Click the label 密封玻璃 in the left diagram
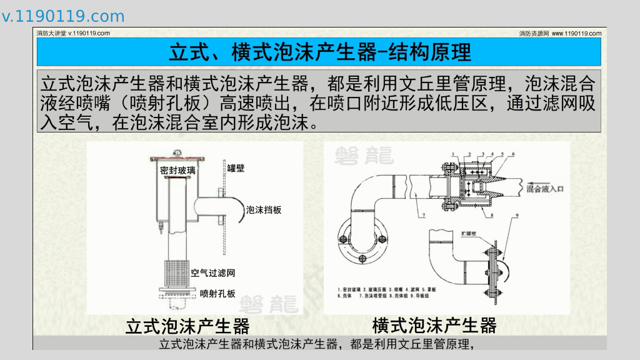point(177,170)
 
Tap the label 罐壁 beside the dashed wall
point(236,167)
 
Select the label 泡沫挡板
point(264,210)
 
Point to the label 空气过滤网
point(213,273)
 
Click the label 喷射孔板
point(217,293)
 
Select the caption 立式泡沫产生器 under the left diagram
point(187,326)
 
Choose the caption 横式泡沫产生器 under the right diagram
point(434,326)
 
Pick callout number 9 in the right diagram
point(517,216)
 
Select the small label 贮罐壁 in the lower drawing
point(469,233)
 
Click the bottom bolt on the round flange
point(362,258)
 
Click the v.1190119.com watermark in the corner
point(63,16)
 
